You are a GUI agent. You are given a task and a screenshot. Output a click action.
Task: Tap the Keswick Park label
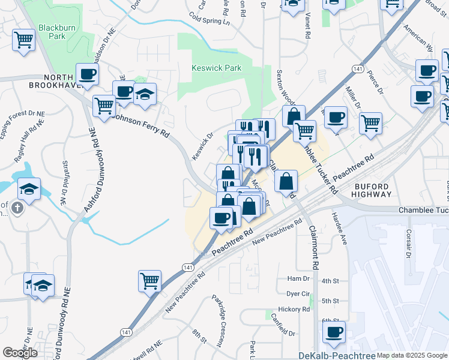coord(216,68)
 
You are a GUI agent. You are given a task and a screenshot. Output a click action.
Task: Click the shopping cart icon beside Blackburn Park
coord(23,40)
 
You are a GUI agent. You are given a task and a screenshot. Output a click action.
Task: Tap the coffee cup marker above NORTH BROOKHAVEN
coord(87,74)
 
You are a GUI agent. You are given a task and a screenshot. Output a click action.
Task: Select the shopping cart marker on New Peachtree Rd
coord(149,280)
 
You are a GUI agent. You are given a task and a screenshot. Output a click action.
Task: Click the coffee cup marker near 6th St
coord(334,332)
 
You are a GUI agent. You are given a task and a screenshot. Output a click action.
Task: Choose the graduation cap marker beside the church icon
coord(29,188)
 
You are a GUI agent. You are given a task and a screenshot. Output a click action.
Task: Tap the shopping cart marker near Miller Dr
coord(371,123)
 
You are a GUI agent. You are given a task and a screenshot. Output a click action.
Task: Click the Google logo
coord(20,353)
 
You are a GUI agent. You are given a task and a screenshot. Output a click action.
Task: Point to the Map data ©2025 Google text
coord(412,355)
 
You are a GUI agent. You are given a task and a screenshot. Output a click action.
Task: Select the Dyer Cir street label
coord(298,294)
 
